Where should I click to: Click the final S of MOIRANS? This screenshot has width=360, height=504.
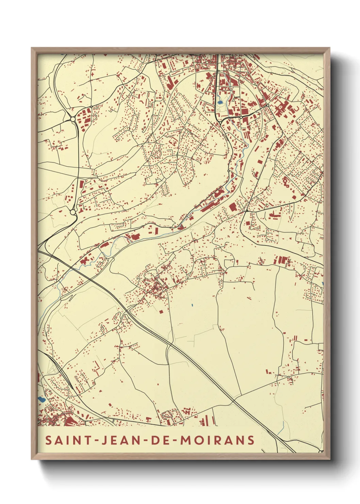pyautogui.click(x=251, y=440)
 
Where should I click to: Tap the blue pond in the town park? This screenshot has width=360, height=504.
pyautogui.click(x=220, y=101)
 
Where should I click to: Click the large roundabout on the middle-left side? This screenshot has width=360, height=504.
pyautogui.click(x=73, y=212)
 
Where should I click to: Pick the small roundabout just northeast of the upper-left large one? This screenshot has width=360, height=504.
pyautogui.click(x=91, y=107)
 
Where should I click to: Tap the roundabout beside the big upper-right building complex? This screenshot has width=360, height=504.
pyautogui.click(x=268, y=106)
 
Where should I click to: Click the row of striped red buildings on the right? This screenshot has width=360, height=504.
pyautogui.click(x=282, y=261)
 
